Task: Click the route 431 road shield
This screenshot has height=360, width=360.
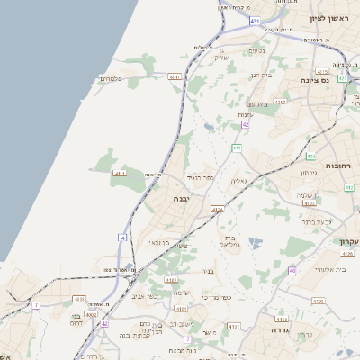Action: click(256, 20)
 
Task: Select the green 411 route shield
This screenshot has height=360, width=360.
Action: click(237, 148)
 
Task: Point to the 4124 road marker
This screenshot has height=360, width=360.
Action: click(217, 209)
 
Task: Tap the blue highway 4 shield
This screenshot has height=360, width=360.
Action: click(121, 238)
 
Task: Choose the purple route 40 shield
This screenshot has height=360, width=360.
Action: click(292, 270)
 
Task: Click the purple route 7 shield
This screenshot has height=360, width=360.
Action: click(36, 306)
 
